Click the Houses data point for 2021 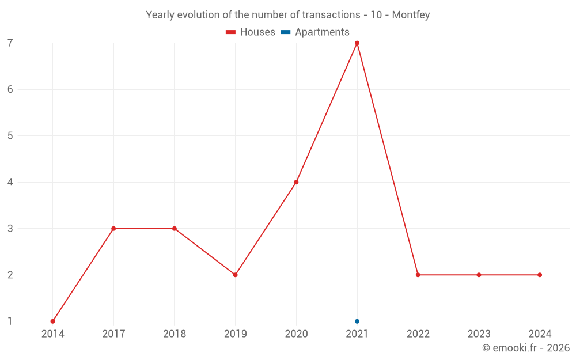[x=357, y=43]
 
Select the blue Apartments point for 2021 [x=357, y=321]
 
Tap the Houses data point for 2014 [x=52, y=321]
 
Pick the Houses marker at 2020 [x=296, y=182]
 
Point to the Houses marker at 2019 [x=235, y=275]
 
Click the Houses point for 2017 [x=113, y=229]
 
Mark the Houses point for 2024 [x=540, y=275]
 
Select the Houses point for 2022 [x=418, y=275]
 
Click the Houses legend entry [x=251, y=32]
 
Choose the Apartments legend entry [x=315, y=32]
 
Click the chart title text [x=288, y=15]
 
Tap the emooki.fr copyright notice [x=526, y=348]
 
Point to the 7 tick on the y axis [x=10, y=43]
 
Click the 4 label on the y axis [x=10, y=182]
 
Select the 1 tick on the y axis [x=10, y=321]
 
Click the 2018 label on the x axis [x=175, y=334]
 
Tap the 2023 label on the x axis [x=479, y=334]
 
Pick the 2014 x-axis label [x=52, y=334]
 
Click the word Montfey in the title [x=411, y=15]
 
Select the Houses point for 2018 [x=175, y=229]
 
